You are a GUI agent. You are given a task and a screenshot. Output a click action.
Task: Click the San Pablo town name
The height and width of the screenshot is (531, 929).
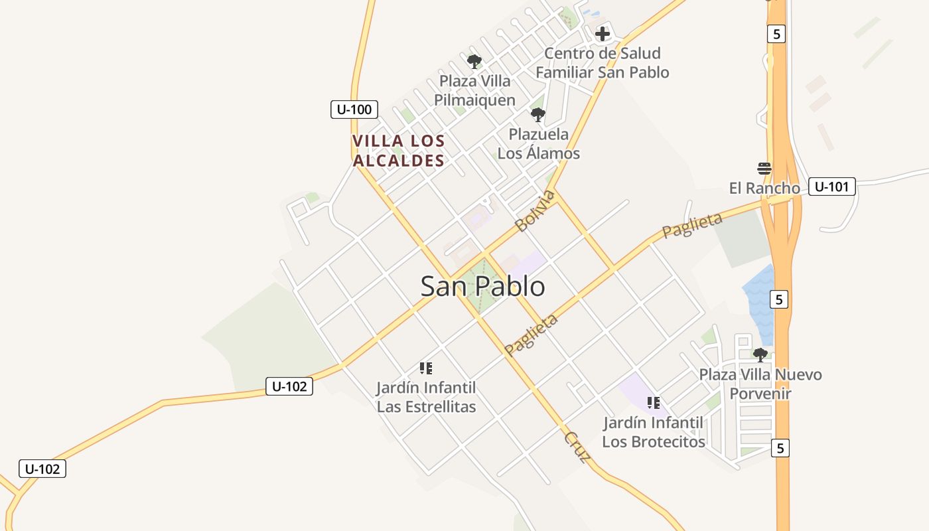point(483,286)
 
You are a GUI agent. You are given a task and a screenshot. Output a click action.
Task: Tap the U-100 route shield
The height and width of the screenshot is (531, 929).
point(354,110)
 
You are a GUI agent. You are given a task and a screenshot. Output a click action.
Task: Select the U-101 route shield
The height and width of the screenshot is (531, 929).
point(831,187)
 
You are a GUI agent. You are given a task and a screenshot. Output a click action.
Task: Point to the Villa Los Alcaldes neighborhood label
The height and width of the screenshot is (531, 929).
point(398,151)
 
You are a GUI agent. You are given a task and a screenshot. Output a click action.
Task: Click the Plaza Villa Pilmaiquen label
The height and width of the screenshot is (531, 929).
point(474,90)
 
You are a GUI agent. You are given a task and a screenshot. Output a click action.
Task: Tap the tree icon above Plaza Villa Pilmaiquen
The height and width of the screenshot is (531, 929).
point(474,62)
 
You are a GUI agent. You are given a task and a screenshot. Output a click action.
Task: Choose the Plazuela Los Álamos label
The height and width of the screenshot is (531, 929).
point(538,143)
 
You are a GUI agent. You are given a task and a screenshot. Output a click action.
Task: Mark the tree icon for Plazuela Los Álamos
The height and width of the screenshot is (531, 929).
point(538,115)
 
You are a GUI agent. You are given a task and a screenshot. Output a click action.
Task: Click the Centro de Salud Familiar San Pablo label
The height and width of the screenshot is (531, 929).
point(603,62)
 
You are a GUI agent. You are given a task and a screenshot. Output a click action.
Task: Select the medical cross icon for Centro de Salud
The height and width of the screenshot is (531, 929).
point(603,34)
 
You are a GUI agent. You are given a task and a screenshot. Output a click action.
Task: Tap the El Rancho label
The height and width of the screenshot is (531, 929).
point(764,188)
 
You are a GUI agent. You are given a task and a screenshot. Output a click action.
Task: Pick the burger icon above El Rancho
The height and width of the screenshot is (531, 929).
point(764,168)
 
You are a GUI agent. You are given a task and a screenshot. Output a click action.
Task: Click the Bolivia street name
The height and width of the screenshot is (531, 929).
point(535,210)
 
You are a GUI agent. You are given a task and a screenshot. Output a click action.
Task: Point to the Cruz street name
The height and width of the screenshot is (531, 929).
point(577,447)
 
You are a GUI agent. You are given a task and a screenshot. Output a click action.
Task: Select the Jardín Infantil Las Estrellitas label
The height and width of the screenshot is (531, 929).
point(426,397)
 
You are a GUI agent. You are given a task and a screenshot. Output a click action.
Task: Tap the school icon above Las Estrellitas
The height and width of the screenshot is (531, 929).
point(426,368)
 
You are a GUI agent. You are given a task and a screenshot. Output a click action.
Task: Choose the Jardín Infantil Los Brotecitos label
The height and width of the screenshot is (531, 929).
point(654,431)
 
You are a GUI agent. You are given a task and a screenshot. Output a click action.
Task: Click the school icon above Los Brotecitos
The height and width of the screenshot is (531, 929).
point(654,403)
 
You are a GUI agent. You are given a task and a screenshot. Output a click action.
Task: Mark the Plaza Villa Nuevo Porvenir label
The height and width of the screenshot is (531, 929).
point(760,384)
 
